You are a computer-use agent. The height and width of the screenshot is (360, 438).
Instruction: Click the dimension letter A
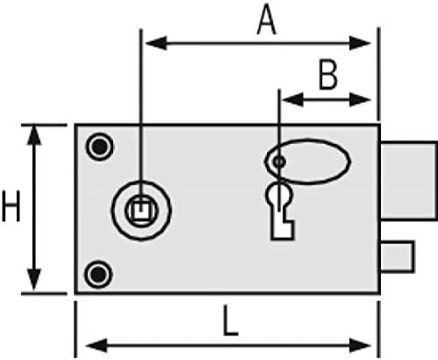click(x=266, y=21)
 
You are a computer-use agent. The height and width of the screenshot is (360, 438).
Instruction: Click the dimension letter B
click(x=328, y=75)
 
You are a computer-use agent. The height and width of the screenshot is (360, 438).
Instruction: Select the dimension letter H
click(x=11, y=206)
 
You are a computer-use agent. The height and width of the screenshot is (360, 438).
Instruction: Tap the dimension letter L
click(x=230, y=320)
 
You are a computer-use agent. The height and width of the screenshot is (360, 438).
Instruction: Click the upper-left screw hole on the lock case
click(x=99, y=147)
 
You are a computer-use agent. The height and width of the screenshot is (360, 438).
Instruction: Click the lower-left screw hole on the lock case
click(x=98, y=275)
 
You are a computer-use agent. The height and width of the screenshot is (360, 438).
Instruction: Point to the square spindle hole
click(x=141, y=210)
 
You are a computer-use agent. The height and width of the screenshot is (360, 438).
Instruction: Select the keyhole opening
click(x=280, y=210)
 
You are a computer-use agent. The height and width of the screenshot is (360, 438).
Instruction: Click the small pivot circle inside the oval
click(x=279, y=162)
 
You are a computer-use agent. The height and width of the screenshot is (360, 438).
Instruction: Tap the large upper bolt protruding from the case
click(x=408, y=180)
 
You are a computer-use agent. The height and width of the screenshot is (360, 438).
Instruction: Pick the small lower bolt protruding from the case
click(x=397, y=256)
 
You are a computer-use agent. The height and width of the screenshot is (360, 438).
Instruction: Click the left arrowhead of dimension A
click(x=156, y=43)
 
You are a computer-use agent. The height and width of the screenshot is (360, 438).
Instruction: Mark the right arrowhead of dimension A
click(x=360, y=43)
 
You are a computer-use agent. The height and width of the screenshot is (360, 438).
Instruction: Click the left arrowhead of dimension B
click(x=293, y=100)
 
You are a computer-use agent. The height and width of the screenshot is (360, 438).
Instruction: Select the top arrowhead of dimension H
click(x=34, y=135)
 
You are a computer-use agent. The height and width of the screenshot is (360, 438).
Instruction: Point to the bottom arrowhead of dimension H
click(x=34, y=280)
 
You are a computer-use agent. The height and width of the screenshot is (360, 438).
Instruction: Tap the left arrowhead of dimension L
click(x=97, y=346)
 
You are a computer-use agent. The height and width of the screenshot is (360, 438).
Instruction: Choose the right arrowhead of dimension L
click(x=360, y=346)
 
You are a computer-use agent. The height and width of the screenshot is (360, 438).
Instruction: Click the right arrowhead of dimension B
click(x=360, y=100)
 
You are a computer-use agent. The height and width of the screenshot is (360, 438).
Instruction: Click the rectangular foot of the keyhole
click(x=282, y=230)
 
